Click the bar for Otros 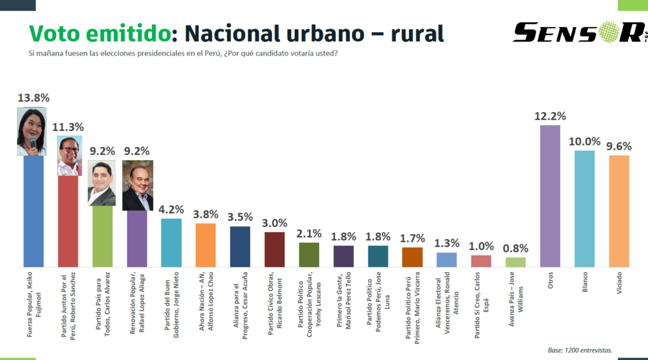pyautogui.click(x=550, y=196)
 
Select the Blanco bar pyautogui.click(x=584, y=209)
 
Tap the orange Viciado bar pyautogui.click(x=618, y=211)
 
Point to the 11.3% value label pyautogui.click(x=68, y=127)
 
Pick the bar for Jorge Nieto pyautogui.click(x=171, y=242)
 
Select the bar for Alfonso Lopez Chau pyautogui.click(x=206, y=245)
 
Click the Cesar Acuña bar pyautogui.click(x=240, y=247)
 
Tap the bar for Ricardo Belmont pyautogui.click(x=274, y=249)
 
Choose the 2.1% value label pyautogui.click(x=309, y=233)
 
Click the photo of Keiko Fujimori pyautogui.click(x=31, y=132)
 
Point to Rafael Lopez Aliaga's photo pyautogui.click(x=137, y=185)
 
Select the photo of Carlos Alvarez pyautogui.click(x=101, y=183)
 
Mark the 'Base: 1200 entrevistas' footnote pyautogui.click(x=580, y=349)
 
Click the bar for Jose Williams pyautogui.click(x=515, y=262)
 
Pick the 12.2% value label pyautogui.click(x=550, y=116)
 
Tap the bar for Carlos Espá pyautogui.click(x=481, y=261)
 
